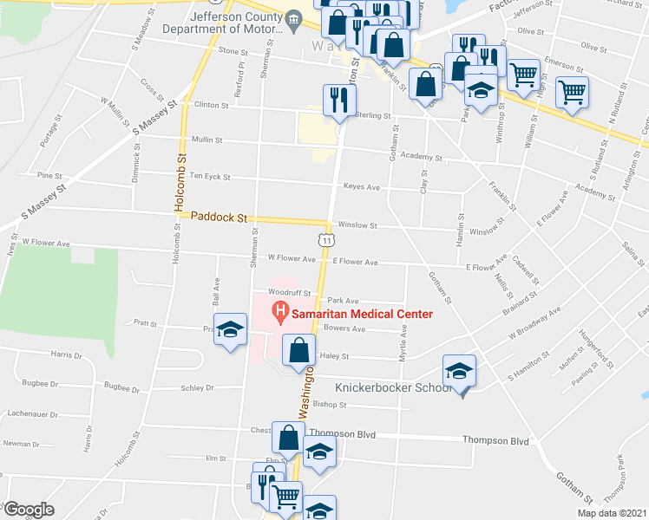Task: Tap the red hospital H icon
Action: coord(280,312)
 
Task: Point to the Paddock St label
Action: coord(220,218)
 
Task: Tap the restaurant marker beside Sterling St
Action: coord(337,100)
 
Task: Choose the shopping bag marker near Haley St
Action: coord(299,351)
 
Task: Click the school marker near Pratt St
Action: coord(230,330)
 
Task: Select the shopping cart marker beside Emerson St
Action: coord(523,75)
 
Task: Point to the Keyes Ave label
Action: coord(362,187)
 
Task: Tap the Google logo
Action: coord(29,510)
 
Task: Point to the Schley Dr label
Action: coord(198,388)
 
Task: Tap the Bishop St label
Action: coord(330,405)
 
